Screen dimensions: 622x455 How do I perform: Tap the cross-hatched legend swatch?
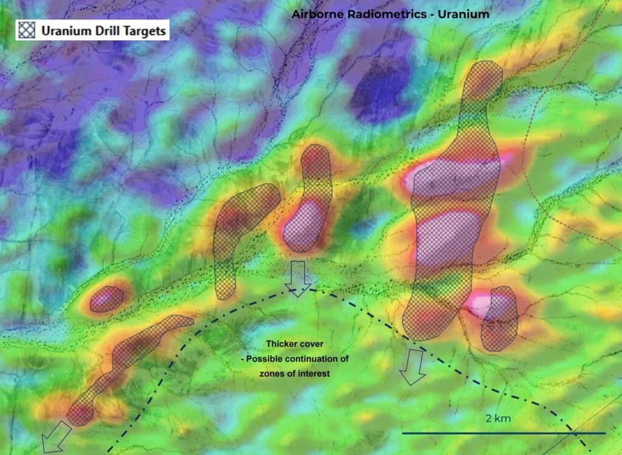(x=26, y=30)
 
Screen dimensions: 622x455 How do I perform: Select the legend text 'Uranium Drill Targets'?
(x=104, y=30)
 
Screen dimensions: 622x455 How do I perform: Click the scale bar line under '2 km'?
(x=504, y=433)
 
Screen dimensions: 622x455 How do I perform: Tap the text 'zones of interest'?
(x=294, y=374)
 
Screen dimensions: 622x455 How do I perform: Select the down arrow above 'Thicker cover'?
(x=298, y=278)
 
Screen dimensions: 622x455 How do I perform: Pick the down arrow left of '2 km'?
(x=413, y=368)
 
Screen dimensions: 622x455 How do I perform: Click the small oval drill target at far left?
(x=106, y=299)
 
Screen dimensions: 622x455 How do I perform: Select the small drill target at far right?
(x=499, y=318)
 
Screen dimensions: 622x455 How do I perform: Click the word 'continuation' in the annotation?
(x=319, y=359)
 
